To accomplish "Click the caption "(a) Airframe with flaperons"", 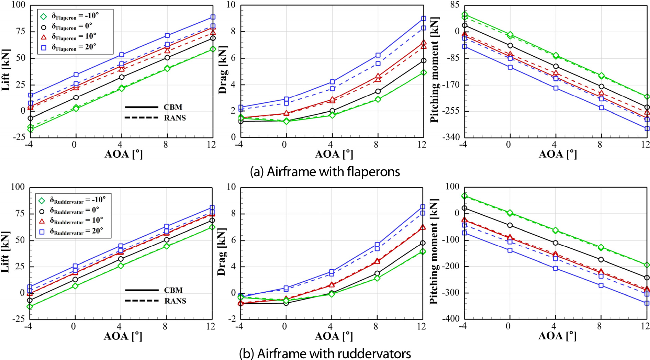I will coord(325,171).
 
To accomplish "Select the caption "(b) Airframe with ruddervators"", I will coord(325,353).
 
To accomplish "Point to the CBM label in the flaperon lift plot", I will coord(173,107).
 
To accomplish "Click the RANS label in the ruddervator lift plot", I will coord(175,301).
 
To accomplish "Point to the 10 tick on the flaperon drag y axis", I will coord(231,5).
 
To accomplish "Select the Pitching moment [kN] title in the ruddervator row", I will coord(434,251).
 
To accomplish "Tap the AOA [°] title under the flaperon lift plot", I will coord(123,154).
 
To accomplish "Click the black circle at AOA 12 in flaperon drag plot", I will coord(424,61).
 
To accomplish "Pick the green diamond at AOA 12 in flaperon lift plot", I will coord(213,49).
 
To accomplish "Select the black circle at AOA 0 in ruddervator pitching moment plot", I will coord(510,225).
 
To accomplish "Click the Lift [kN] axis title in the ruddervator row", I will coord(5,252).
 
